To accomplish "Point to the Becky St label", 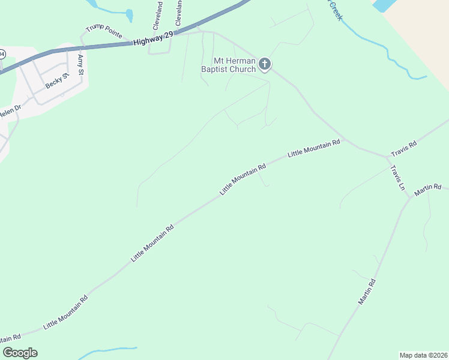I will point(58,80).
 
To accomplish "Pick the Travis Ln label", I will point(398,178).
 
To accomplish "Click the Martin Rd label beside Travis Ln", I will point(427,189).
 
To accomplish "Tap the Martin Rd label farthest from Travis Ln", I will point(367,292).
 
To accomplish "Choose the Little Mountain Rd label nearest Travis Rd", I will point(314,148).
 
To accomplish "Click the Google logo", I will point(20,353).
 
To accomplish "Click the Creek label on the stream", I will point(335,10).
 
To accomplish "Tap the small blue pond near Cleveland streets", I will point(129,15).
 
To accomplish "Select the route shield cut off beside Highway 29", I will point(2,54).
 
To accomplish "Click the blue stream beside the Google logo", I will point(108,350).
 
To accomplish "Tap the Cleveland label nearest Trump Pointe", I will point(158,16).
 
